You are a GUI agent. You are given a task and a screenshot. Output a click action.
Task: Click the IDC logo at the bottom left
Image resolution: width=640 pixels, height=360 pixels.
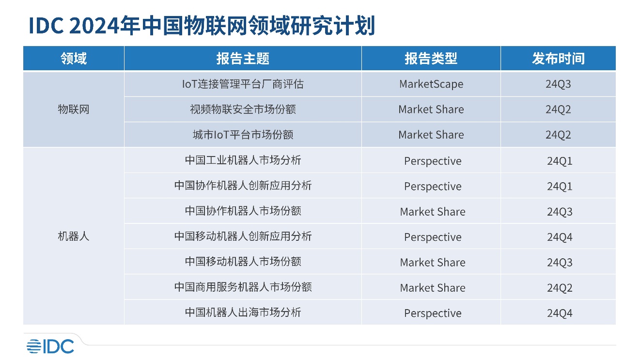(x=50, y=346)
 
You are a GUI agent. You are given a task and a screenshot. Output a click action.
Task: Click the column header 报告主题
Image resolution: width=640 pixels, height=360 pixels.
(x=243, y=59)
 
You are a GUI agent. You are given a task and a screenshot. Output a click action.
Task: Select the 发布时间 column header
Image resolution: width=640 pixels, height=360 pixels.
(x=558, y=59)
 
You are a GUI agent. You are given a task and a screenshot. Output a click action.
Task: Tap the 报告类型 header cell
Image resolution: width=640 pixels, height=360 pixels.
(x=431, y=59)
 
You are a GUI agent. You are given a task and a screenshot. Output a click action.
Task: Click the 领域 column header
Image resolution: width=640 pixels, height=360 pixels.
(x=74, y=59)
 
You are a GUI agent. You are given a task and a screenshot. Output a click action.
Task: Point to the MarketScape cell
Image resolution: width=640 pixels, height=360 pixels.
(x=431, y=84)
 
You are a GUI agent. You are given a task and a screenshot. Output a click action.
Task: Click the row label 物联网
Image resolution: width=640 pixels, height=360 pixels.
(x=74, y=110)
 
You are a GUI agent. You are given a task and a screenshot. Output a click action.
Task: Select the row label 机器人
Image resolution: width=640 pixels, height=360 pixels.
(x=74, y=236)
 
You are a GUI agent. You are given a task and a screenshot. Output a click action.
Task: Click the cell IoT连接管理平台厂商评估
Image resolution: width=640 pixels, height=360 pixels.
(x=243, y=84)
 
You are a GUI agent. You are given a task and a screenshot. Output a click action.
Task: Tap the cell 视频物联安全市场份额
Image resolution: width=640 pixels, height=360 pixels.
(x=243, y=110)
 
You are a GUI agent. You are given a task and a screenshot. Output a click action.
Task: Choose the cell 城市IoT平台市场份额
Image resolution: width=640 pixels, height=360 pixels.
(x=243, y=135)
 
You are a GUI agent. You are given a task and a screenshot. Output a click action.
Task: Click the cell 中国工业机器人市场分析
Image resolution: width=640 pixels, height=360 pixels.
(x=243, y=160)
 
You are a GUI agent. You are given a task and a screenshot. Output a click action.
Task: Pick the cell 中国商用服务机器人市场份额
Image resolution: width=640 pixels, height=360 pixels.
(x=243, y=287)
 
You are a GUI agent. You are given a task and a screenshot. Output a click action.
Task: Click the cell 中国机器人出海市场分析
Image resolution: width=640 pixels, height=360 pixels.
(x=243, y=313)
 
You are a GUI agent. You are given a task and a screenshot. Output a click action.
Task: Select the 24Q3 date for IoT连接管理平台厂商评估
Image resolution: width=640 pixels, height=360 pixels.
(x=558, y=84)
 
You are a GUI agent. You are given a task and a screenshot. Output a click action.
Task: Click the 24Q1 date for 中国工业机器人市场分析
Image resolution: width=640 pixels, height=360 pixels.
(x=560, y=161)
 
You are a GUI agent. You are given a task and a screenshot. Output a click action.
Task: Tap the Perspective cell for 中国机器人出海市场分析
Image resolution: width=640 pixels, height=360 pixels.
(x=433, y=313)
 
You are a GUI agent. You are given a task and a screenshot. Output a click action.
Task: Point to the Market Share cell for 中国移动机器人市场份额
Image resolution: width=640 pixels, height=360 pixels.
(x=433, y=262)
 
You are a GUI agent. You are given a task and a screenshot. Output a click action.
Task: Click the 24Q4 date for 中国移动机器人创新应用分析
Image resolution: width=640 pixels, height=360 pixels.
(x=560, y=237)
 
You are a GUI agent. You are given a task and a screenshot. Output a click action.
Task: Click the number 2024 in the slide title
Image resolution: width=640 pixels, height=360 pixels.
(x=94, y=26)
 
